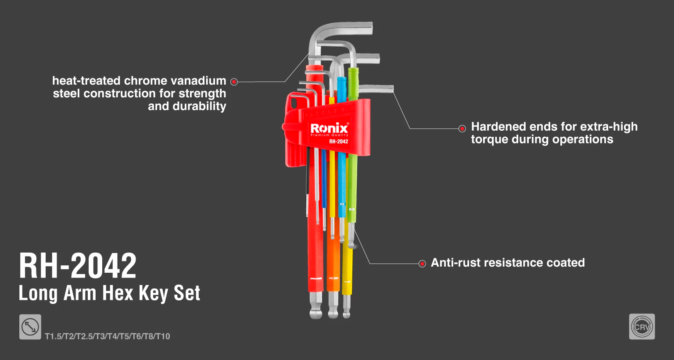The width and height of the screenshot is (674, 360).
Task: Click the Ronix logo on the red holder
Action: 330,128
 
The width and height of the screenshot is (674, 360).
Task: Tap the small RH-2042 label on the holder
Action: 338,141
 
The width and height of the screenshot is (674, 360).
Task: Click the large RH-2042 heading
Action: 78,266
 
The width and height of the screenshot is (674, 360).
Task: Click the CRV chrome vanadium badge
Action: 642,327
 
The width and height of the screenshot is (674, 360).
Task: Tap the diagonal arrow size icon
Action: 30,327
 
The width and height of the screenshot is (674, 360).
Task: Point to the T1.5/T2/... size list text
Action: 108,336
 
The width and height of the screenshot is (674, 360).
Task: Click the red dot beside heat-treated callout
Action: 234,82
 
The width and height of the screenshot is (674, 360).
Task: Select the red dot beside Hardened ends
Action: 462,129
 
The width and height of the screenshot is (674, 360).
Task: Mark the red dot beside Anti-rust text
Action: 422,264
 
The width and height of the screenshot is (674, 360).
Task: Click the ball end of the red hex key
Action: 316,314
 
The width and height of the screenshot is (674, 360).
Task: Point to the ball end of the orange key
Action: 333,314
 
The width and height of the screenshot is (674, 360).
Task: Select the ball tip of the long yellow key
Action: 347,314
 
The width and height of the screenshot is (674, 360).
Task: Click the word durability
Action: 200,107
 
